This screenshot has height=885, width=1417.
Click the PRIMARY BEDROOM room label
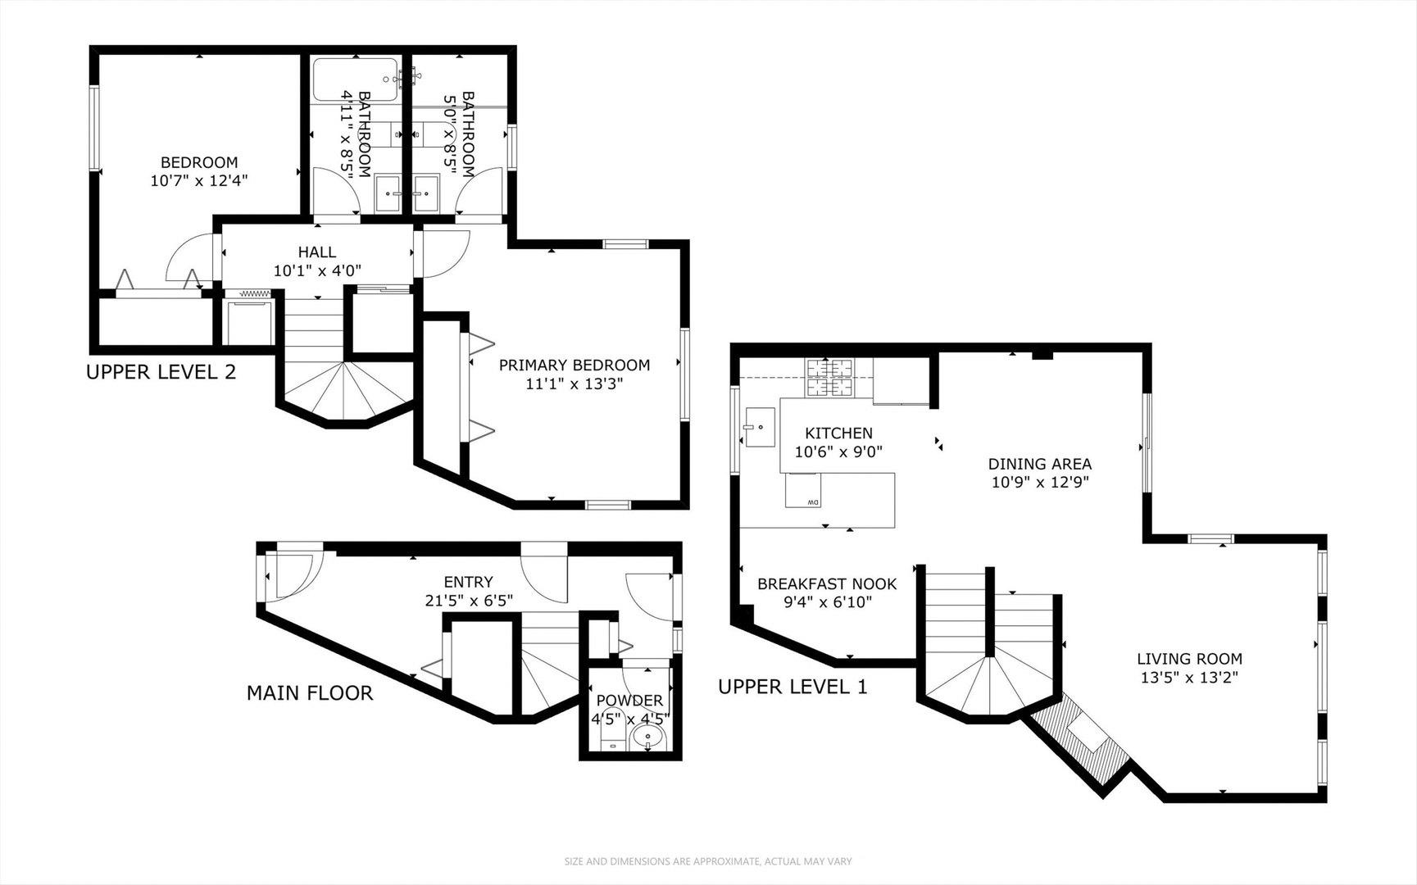tap(574, 365)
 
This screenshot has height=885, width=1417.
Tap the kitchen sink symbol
tap(759, 427)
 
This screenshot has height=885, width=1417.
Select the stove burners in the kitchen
tap(829, 378)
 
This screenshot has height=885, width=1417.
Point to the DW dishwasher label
tap(812, 502)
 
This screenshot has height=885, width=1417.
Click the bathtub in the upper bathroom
tap(355, 79)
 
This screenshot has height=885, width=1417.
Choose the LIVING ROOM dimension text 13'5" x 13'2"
tap(1188, 678)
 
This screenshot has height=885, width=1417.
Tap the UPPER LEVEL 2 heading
tap(161, 372)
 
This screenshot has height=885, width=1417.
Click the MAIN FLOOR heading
tap(309, 693)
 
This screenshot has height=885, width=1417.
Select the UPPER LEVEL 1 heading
tap(792, 687)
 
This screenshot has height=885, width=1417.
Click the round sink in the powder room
tap(648, 740)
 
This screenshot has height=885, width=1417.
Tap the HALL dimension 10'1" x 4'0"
tap(317, 270)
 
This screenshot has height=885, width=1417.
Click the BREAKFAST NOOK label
tap(826, 584)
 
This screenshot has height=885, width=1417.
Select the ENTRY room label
tap(468, 582)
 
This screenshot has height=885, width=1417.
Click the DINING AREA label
tap(1039, 464)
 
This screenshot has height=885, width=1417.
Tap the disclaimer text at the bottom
tap(707, 861)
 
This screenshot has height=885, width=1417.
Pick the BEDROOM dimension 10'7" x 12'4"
tap(199, 180)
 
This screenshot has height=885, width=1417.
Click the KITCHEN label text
tap(838, 433)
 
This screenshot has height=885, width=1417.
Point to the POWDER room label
tap(629, 700)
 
